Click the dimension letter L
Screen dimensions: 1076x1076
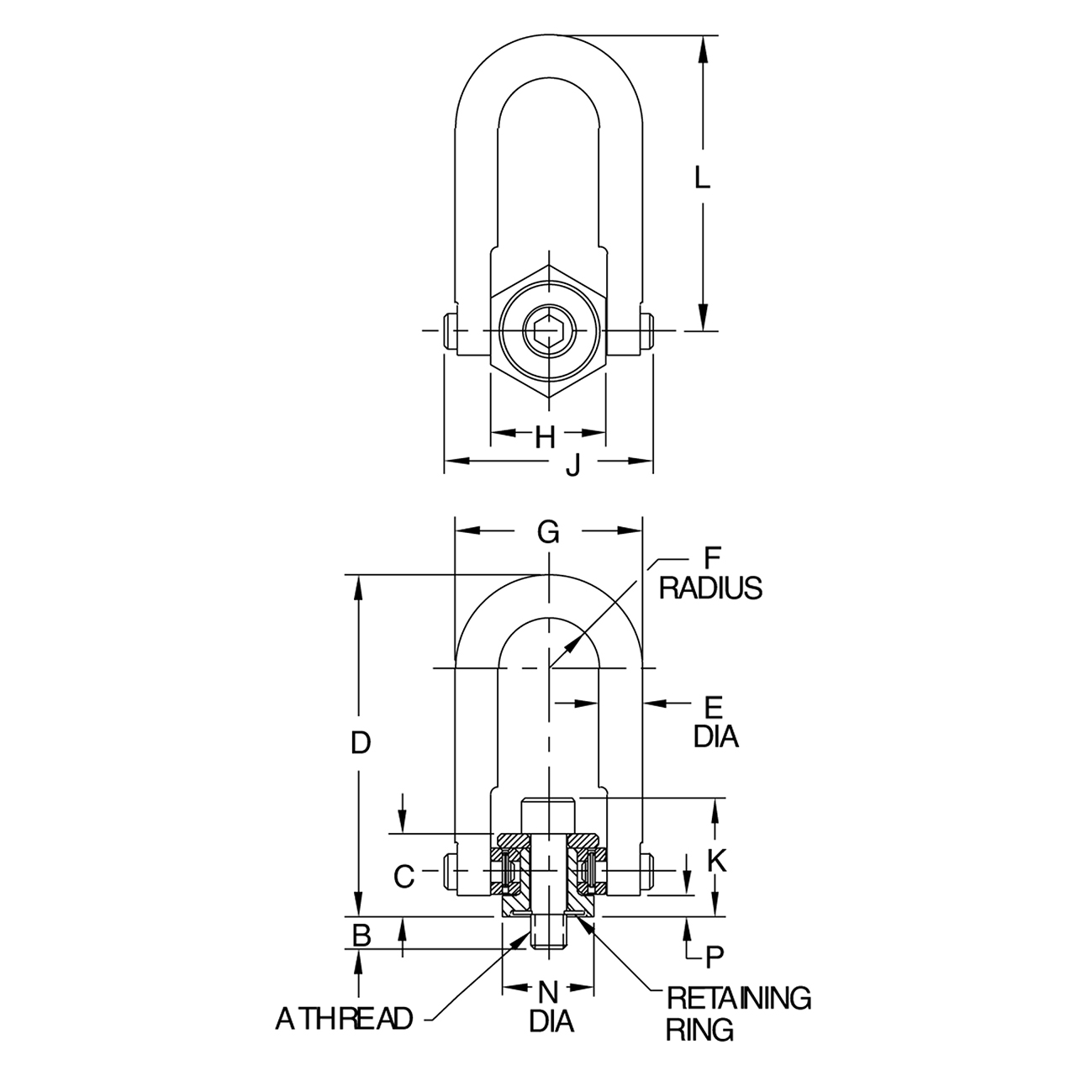[x=702, y=177]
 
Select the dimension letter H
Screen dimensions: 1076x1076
[x=546, y=436]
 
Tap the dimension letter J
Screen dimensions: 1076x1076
[x=573, y=465]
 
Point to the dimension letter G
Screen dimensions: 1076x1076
[x=548, y=532]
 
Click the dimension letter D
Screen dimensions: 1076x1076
[x=361, y=743]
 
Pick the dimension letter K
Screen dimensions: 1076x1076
[x=716, y=860]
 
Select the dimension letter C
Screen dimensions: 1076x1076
[x=404, y=877]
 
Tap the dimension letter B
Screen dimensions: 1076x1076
[x=361, y=936]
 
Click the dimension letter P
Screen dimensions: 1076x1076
[x=715, y=955]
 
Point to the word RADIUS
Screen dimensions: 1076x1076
[x=710, y=588]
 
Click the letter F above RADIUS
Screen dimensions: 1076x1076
[x=712, y=557]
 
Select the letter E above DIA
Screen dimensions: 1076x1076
[x=713, y=707]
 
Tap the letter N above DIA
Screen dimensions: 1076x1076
[x=548, y=991]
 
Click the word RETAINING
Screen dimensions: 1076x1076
[x=739, y=998]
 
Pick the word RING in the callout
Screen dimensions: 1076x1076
[x=699, y=1029]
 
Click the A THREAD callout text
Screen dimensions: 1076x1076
[x=345, y=1019]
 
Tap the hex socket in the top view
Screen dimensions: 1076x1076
[x=547, y=331]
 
